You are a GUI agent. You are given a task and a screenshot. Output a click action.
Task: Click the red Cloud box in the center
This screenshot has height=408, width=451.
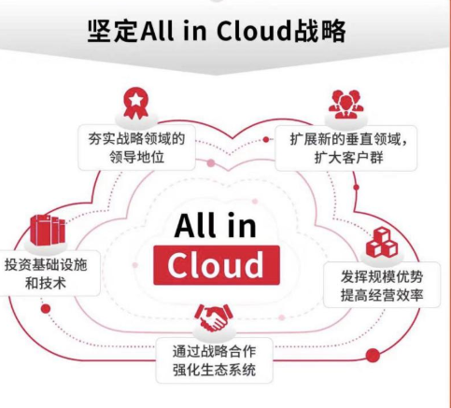point(217,265)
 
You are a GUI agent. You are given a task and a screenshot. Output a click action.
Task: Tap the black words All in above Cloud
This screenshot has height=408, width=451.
point(215,225)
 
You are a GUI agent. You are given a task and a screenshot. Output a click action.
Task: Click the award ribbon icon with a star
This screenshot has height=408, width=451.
point(136,103)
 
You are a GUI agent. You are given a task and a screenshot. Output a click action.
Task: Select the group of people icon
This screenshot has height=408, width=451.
point(345,105)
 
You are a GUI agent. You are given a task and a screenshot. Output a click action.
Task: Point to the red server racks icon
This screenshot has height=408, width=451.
point(48,230)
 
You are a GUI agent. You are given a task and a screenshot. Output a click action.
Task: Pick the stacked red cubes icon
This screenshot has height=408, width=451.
point(382,242)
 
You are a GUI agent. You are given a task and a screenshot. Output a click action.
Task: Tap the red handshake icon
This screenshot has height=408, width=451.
point(214,317)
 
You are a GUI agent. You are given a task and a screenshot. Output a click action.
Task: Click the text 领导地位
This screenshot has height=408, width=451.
point(136,157)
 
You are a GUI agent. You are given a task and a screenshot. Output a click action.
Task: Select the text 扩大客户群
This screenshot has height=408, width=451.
point(348,158)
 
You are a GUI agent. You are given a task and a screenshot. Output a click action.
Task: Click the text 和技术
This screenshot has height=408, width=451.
point(46,284)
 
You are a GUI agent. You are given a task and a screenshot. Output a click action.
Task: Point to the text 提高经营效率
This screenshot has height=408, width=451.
point(382,295)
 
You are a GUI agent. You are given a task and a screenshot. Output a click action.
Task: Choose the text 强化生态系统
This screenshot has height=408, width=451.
point(215,370)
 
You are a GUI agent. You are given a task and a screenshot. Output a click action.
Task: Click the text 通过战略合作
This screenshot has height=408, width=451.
point(215,351)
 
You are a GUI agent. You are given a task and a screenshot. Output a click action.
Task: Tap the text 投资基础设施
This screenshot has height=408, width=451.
point(46,265)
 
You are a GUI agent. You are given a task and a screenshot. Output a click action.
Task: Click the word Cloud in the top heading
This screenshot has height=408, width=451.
point(255,31)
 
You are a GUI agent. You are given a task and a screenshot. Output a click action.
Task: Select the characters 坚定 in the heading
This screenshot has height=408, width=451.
point(113,31)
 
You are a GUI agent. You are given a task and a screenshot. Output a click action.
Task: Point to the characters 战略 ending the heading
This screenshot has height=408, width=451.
point(320,31)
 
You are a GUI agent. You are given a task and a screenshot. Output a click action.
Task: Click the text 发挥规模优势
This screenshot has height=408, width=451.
point(382,276)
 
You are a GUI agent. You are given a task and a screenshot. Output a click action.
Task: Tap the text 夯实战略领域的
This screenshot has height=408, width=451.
point(136,139)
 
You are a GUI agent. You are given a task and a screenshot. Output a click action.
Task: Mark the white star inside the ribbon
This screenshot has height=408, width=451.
point(136,100)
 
